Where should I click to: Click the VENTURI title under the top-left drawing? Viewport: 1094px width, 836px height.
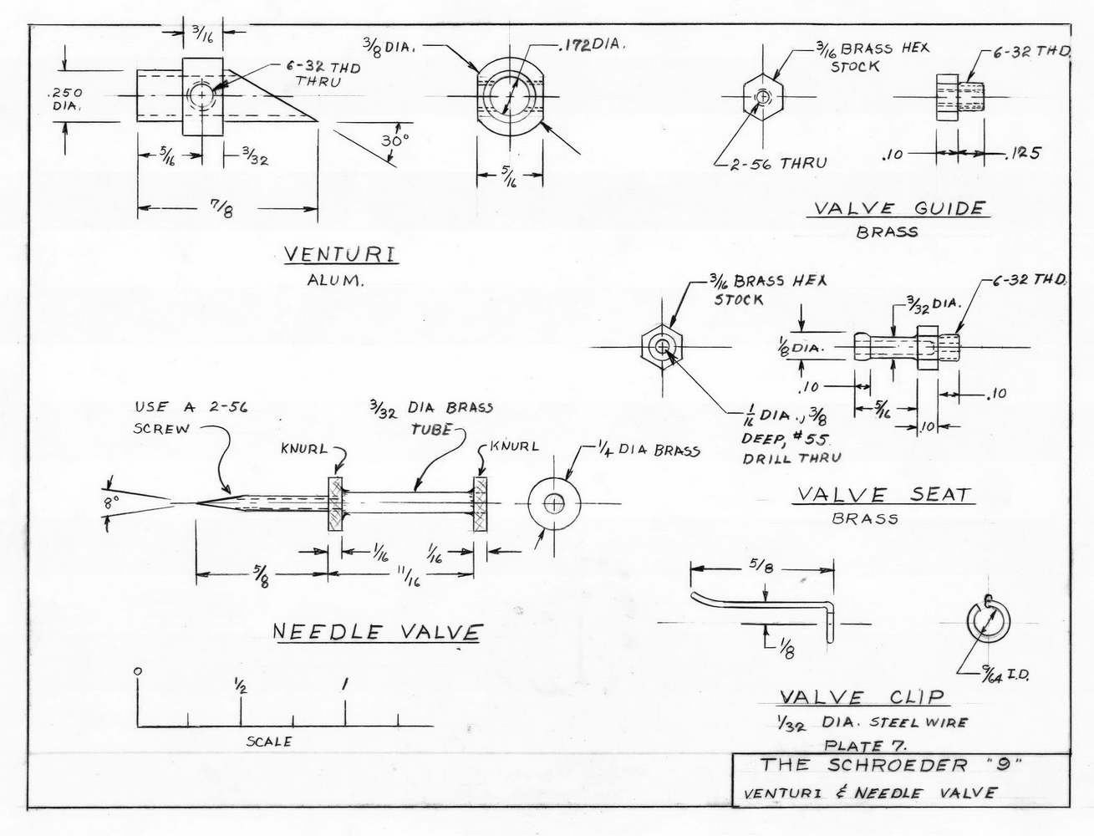tap(339, 253)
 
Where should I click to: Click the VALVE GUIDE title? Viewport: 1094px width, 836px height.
tap(899, 208)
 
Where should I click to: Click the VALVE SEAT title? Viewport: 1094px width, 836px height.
tap(883, 494)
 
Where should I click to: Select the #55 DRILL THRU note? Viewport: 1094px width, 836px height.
tap(791, 448)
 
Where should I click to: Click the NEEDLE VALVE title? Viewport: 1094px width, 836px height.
tap(378, 632)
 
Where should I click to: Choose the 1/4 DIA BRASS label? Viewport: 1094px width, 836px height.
tap(648, 451)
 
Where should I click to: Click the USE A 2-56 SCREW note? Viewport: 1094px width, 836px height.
tap(191, 418)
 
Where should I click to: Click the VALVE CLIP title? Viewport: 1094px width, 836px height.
tap(862, 696)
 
